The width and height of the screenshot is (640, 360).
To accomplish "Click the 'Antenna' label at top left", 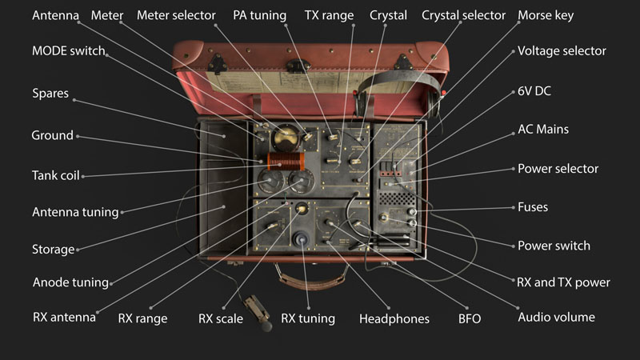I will coord(55,15).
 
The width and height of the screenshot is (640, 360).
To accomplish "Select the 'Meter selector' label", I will coord(176,15).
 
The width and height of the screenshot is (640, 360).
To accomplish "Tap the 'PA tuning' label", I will coord(259,15).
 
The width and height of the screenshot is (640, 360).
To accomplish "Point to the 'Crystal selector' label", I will coord(463,15).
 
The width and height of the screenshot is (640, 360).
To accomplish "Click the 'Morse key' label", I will coord(546,15).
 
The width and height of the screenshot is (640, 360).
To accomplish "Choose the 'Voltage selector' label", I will coord(562,51).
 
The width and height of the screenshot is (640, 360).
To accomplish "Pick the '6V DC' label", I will coord(534,91).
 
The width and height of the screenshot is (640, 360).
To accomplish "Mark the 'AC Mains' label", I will coord(543,130).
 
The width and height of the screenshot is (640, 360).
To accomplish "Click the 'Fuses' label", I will coord(532,207).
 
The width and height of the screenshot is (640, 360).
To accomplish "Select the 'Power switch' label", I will coord(554,246).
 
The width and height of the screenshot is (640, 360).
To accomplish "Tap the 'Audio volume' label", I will coord(556,317).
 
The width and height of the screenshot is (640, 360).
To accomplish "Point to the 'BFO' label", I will coord(470,318).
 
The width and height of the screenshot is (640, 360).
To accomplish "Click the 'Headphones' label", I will coord(394,318).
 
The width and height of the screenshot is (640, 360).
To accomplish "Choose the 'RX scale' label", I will coord(221,318).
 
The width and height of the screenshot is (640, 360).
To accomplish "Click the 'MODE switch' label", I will coord(68,51).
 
